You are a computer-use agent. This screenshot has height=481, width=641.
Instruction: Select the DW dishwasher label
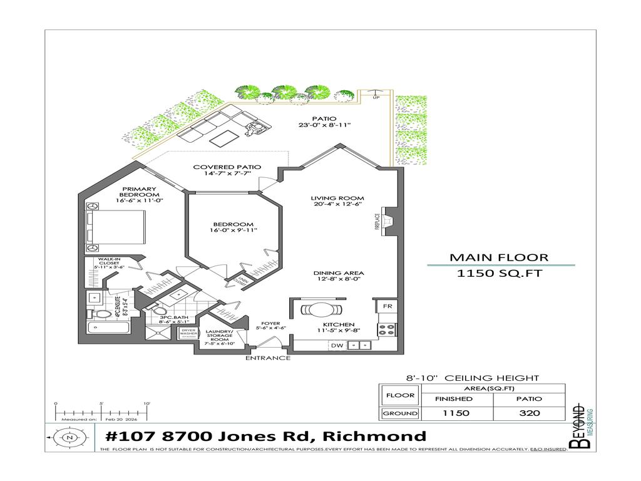click(336, 345)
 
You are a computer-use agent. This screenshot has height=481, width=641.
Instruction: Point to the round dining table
click(319, 310)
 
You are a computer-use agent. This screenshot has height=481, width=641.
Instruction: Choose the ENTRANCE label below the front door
click(267, 358)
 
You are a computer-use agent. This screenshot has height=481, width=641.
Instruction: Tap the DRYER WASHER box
click(188, 333)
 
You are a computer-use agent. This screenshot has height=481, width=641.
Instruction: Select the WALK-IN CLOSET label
click(109, 263)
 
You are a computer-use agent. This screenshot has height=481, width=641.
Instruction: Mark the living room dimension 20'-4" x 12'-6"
click(338, 204)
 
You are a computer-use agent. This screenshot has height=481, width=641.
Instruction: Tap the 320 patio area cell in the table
click(529, 413)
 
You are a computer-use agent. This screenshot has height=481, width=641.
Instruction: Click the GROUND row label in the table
click(400, 413)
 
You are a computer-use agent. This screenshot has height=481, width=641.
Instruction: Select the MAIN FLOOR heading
click(499, 257)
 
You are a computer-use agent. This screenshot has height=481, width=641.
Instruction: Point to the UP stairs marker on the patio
click(376, 96)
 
